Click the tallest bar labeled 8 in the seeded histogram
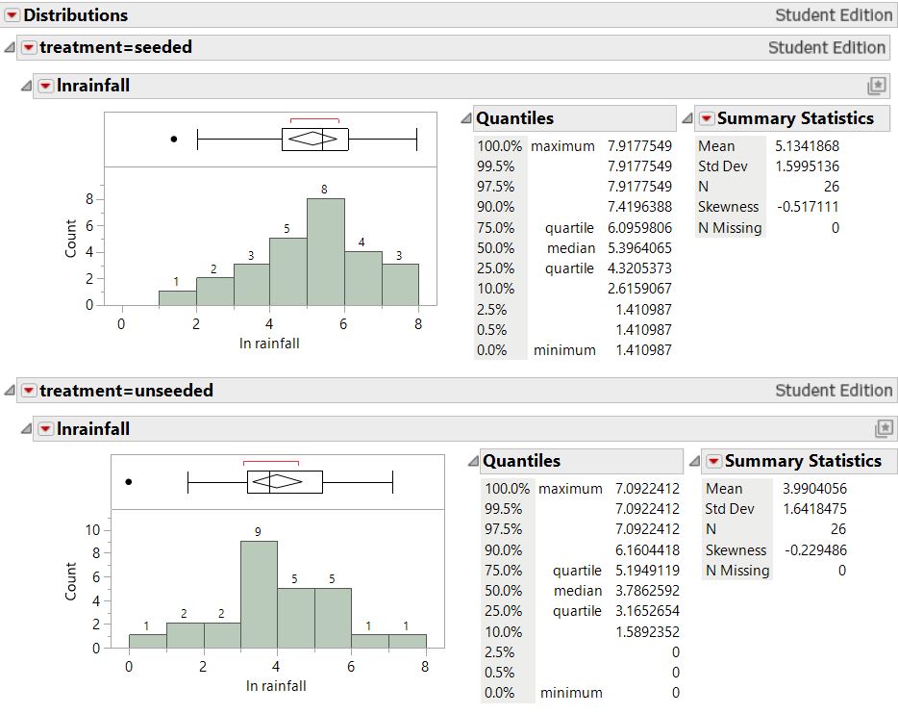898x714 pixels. tap(326, 252)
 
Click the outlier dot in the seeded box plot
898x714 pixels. tap(174, 140)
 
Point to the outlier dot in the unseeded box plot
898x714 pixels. tap(129, 482)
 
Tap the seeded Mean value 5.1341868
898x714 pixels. tap(807, 146)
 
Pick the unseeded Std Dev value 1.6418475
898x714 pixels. tap(814, 509)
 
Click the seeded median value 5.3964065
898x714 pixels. tap(639, 248)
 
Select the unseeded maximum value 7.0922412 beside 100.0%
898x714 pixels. tap(647, 489)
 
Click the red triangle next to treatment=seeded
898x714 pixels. tap(29, 48)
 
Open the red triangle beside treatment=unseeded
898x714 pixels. tap(29, 391)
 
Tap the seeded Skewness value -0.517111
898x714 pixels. tap(807, 207)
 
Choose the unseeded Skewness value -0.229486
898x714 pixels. tap(814, 550)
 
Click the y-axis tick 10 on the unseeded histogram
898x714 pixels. tap(93, 529)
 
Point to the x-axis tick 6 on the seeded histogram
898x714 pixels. tap(343, 324)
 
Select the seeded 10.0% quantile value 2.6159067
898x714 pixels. tap(639, 289)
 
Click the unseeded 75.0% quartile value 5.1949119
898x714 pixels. tap(647, 571)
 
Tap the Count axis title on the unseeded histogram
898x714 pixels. tap(71, 581)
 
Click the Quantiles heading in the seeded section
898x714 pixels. tap(515, 118)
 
